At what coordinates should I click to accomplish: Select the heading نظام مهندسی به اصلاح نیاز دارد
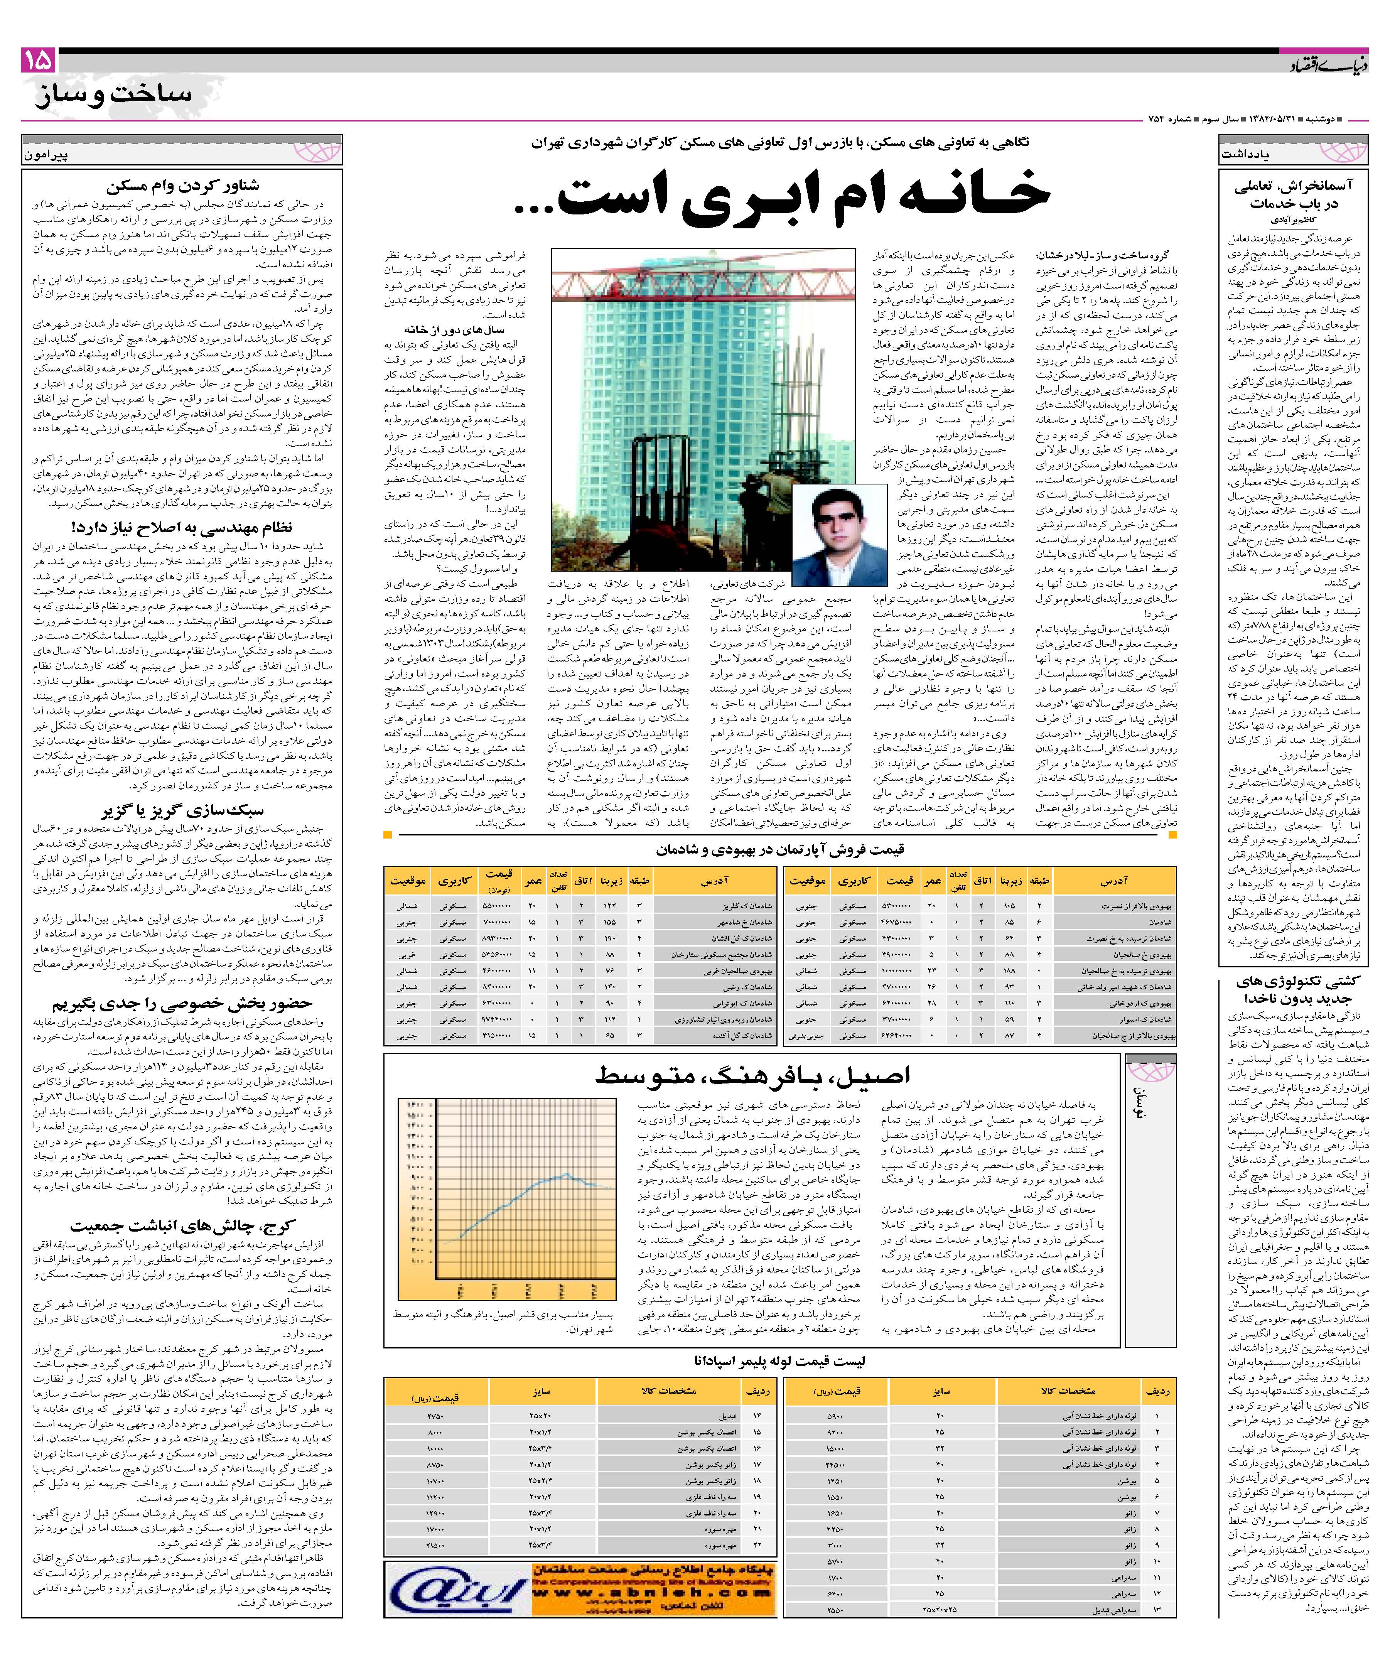183,527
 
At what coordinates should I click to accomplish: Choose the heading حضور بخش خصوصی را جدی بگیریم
183,1003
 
